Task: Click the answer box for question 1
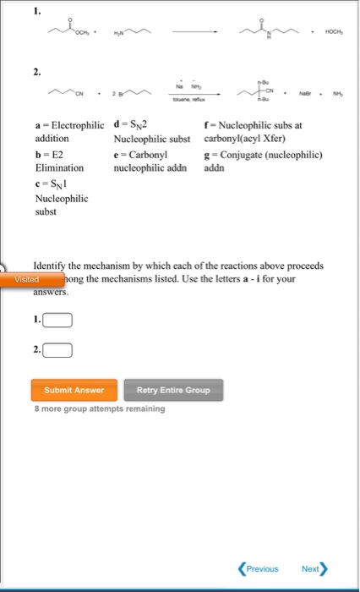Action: (x=58, y=321)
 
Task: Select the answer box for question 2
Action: (x=58, y=348)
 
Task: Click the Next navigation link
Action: (x=314, y=568)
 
